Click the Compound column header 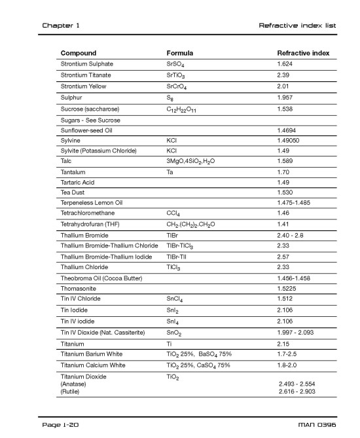(x=79, y=53)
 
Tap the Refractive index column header (x=303, y=53)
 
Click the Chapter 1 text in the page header (x=60, y=26)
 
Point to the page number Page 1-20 (x=61, y=424)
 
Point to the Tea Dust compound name (x=75, y=194)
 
